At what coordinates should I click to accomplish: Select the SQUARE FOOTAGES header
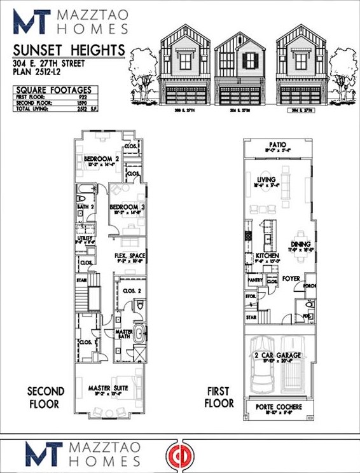[54, 90]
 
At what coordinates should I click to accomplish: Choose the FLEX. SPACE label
[130, 256]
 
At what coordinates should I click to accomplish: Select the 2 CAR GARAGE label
[277, 355]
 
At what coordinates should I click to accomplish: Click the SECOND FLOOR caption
[43, 397]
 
